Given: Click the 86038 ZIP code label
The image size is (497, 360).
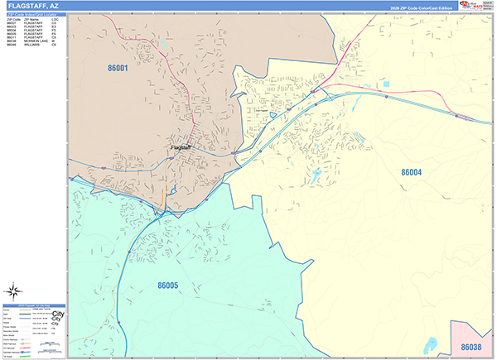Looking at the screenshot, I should pos(472,346).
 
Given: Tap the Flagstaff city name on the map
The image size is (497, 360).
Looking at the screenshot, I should pos(180,147).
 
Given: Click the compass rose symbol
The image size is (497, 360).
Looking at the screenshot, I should pos(13,290).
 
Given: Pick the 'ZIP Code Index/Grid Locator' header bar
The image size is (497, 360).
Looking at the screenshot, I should pos(34,15).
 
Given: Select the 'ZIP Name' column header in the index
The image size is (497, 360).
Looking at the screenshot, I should pos(31,20).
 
